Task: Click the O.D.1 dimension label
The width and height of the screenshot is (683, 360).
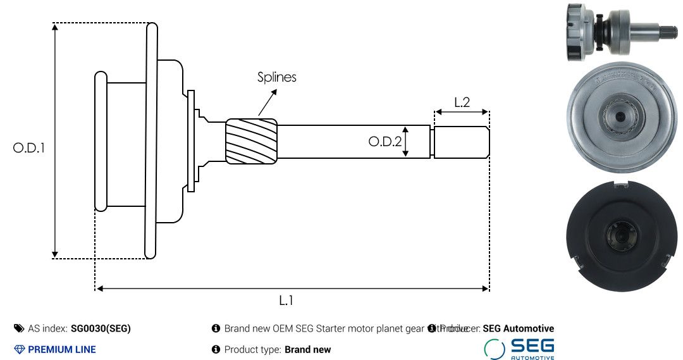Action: pos(29,148)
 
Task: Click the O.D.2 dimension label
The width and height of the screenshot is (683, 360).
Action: pos(385,142)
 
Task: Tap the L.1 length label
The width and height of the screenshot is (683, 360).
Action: pos(286,301)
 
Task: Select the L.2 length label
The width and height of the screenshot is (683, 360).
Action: pos(462,102)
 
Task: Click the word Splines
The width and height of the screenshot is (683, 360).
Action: pos(276,77)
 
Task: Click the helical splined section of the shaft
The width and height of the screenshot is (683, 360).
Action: pos(252,141)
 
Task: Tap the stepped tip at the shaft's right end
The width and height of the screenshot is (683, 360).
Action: pos(461,142)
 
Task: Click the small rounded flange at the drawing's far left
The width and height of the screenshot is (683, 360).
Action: pos(101,141)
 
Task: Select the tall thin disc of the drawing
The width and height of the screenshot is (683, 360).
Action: pos(151,141)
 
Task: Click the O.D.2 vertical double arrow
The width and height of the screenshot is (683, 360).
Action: pos(407,141)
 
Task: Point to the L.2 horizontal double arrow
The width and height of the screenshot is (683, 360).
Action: pos(462,113)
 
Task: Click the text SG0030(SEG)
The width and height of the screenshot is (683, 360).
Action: pos(101,328)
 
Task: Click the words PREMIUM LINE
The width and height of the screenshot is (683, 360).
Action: pos(62,349)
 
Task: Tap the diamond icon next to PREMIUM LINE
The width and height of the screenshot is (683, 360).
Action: pos(19,349)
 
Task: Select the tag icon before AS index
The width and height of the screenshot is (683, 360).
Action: pos(19,328)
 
